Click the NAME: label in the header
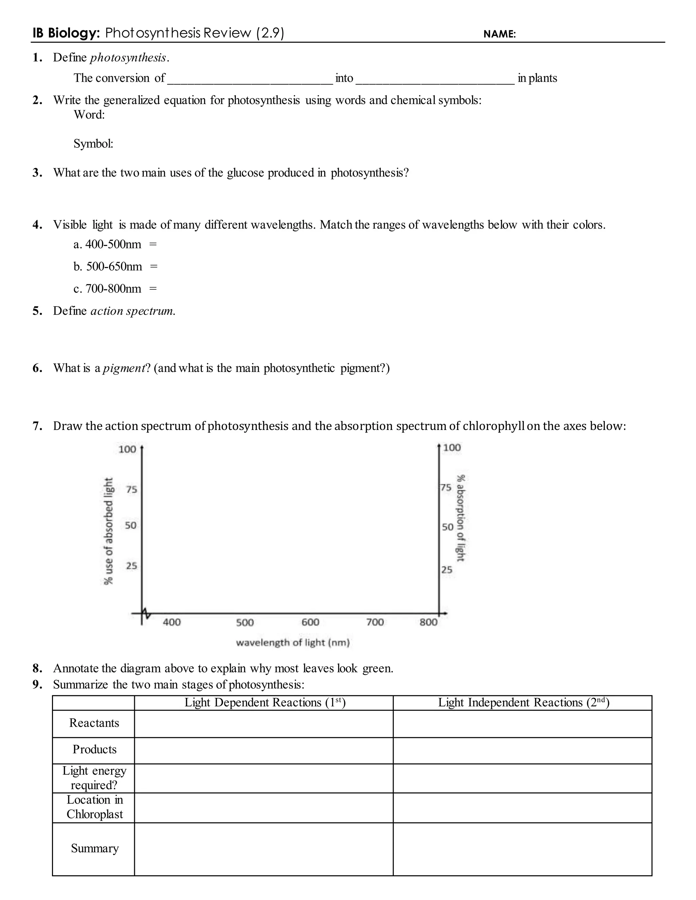pos(499,34)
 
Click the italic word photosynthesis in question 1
pos(128,58)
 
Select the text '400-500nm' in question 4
pos(113,245)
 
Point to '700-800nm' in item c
pos(113,289)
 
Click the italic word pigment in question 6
pos(124,368)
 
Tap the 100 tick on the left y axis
pos(127,449)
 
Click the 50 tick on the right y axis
pos(447,527)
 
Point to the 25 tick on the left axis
pos(131,566)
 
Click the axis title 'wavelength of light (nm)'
pos(293,643)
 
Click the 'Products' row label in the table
pos(94,749)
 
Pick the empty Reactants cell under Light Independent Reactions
pos(522,724)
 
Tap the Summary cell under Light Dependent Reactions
pos(264,849)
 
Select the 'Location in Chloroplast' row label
pos(94,807)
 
